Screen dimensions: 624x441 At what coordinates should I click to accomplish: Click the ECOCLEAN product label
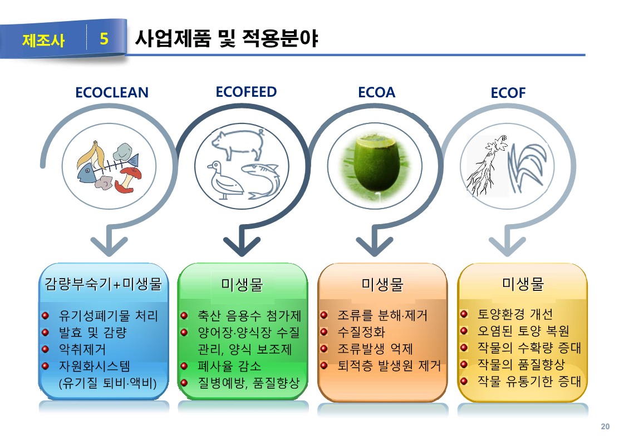112,93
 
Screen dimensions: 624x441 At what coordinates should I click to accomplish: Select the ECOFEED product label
246,92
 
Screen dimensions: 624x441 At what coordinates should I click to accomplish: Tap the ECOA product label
376,92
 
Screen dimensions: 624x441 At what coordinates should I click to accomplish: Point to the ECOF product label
508,93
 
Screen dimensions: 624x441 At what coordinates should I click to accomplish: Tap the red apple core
128,180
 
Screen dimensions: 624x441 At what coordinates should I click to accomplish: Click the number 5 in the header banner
104,38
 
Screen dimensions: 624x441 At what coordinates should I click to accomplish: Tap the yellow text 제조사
43,40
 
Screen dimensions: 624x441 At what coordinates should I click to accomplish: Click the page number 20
605,427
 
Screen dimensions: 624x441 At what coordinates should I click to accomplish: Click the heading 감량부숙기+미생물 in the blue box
103,284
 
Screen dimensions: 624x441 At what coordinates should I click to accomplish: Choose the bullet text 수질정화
361,331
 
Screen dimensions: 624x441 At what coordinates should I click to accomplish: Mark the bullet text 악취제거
82,349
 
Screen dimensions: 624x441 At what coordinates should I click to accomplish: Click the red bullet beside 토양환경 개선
464,314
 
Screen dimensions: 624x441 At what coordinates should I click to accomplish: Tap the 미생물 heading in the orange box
382,284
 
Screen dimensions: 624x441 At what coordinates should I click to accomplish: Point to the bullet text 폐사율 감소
229,366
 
